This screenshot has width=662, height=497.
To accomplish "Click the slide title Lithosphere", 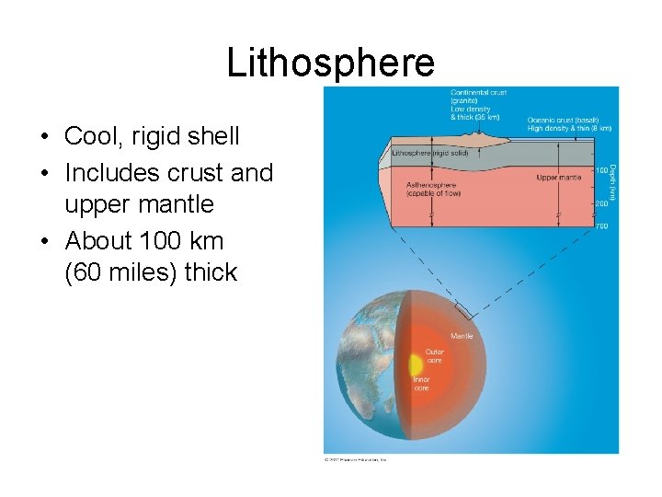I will pos(330,64).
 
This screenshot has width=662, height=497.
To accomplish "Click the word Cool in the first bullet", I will pos(90,137).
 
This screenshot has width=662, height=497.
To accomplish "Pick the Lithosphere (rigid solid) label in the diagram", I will pos(430,153).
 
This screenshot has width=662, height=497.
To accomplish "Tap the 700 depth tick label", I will pos(602,226).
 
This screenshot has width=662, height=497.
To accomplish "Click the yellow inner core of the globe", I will pos(414,364).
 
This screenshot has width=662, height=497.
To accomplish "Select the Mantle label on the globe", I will pos(462,337).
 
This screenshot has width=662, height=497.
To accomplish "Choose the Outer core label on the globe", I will pos(434,355).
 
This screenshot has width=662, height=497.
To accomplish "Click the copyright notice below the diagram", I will pos(356,458).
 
